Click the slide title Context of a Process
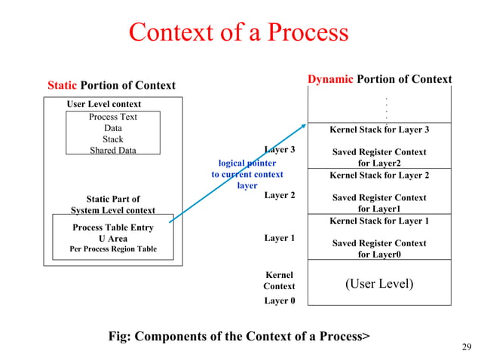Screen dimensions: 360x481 pos(238,32)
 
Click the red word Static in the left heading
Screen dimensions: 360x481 pos(62,86)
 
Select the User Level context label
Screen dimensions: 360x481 pos(104,104)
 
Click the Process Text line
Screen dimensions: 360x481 pos(113,117)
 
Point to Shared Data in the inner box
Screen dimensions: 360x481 pos(113,150)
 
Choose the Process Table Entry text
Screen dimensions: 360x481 pos(113,227)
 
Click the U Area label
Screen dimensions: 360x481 pos(113,239)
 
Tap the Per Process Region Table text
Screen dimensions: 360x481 pos(113,249)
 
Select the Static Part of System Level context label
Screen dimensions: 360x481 pos(113,205)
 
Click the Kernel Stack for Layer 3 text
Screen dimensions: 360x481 pos(379,130)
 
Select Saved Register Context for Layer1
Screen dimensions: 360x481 pos(379,203)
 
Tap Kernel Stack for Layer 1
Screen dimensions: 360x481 pos(379,221)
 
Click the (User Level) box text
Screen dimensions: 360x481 pos(379,283)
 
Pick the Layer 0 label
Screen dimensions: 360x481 pos(279,301)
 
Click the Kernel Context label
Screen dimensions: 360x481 pos(279,281)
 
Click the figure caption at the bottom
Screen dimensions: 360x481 pos(240,336)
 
